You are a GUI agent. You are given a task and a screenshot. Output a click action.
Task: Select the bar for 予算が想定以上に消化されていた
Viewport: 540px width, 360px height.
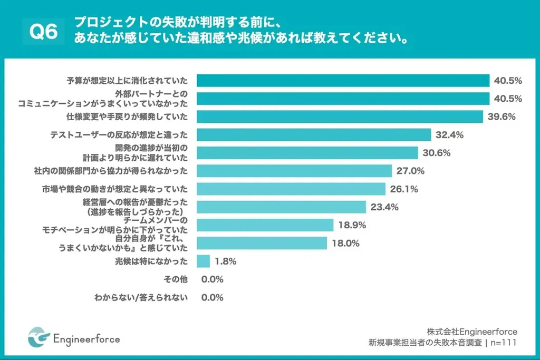tap(343, 81)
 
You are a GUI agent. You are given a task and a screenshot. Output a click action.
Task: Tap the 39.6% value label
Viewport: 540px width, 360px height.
tap(502, 116)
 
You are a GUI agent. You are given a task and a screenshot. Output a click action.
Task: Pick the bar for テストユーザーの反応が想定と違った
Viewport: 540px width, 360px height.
tap(314, 135)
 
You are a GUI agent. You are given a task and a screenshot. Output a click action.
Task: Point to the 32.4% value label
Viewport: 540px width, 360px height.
tap(449, 135)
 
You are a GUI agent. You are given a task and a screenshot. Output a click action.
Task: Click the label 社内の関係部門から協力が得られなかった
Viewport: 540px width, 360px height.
tap(111, 171)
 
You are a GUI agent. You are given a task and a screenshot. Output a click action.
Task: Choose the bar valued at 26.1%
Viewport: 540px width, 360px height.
tap(291, 189)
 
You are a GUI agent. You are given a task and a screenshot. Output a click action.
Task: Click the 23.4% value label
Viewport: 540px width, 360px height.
tap(384, 207)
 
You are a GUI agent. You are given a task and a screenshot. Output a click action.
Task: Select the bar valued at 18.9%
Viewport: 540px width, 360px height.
tap(265, 225)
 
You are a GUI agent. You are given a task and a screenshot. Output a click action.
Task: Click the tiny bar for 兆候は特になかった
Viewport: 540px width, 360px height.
tap(204, 261)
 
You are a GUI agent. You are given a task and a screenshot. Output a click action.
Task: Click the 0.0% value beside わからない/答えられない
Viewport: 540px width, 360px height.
tap(213, 297)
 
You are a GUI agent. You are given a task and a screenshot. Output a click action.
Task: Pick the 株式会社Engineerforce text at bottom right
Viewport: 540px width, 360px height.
tap(472, 331)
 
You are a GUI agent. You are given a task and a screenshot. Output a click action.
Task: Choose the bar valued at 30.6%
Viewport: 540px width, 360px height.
tap(307, 153)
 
